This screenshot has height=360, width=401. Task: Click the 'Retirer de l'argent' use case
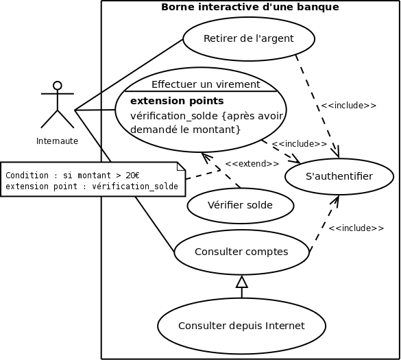coord(248,38)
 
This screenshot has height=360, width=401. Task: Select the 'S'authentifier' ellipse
coord(339,177)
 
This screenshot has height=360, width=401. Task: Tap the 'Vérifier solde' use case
coord(241,205)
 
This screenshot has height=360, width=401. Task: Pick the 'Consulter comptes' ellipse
coord(241,252)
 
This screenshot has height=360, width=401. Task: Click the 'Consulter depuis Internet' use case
coord(241,326)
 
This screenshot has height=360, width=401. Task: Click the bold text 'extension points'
coord(177,101)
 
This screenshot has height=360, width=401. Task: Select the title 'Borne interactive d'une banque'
coord(250,8)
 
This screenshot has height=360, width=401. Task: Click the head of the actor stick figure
coord(58,86)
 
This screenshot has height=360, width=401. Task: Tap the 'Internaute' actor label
coord(57,141)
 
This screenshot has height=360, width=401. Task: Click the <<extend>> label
coord(252,164)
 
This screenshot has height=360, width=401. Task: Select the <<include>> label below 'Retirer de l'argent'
coord(348,106)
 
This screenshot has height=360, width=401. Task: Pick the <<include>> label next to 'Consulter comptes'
coord(355,228)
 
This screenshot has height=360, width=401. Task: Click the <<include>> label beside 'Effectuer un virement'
coord(299,144)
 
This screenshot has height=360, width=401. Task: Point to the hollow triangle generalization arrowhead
coord(241,281)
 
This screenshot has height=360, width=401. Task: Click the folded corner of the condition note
coord(181,166)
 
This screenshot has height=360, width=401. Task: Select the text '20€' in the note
coord(132,176)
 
